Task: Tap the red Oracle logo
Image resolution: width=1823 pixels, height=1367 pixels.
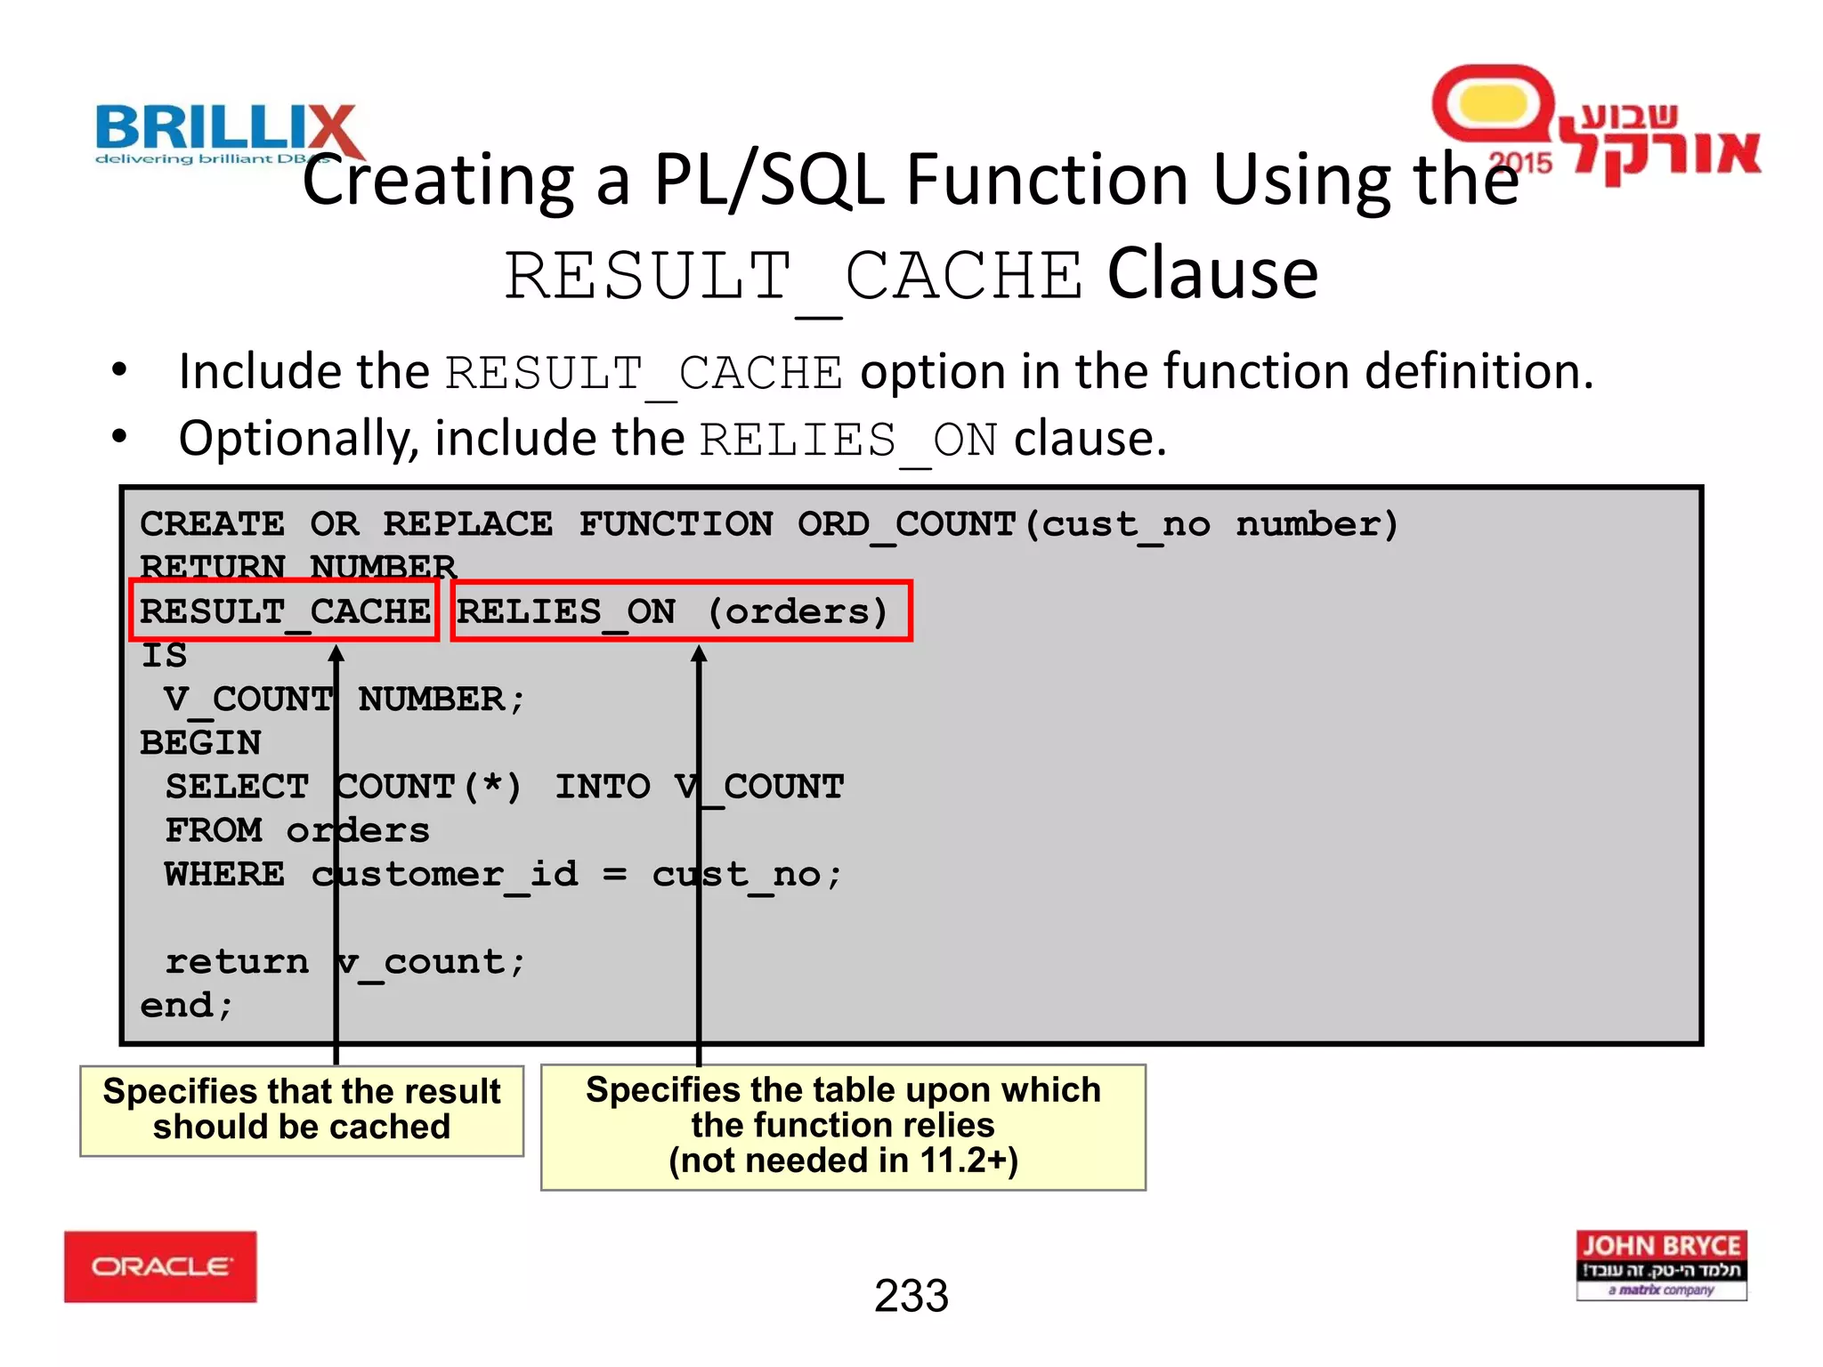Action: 160,1266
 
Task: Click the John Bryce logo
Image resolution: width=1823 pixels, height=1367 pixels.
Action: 1661,1265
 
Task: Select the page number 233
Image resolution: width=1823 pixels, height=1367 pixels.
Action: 911,1296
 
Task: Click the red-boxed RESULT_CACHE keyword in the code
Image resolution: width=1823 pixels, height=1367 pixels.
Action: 285,611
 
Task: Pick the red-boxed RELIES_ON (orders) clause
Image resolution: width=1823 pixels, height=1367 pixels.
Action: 681,611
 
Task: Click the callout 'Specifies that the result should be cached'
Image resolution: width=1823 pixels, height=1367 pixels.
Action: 302,1110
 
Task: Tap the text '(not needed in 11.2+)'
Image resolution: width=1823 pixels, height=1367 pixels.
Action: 843,1161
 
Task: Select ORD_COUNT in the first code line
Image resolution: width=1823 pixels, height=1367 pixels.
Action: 906,524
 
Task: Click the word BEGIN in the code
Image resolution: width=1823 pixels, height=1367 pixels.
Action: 200,743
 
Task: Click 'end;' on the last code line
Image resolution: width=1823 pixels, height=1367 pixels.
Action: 187,1006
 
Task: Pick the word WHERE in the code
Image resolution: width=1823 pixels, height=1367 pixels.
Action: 224,874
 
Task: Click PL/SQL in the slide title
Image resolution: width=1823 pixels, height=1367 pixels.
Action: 769,180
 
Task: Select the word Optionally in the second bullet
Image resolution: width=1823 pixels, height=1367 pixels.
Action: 298,439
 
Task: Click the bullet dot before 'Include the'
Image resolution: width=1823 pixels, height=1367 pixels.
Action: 119,370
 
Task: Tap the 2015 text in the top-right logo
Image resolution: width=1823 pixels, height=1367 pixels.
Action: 1520,163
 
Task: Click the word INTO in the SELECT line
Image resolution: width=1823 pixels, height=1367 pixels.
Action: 603,787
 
